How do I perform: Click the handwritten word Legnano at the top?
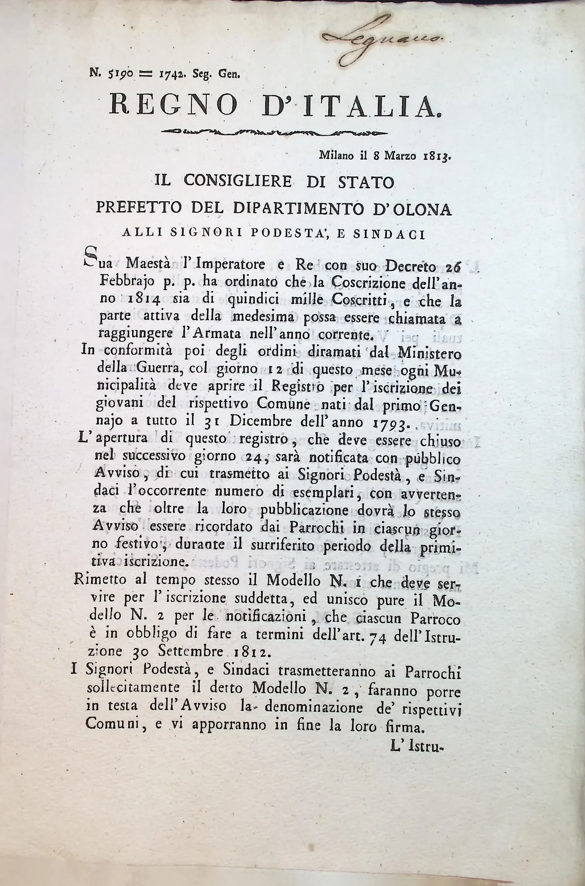click(381, 39)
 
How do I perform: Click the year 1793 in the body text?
click(391, 423)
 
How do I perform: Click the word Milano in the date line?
click(336, 156)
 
